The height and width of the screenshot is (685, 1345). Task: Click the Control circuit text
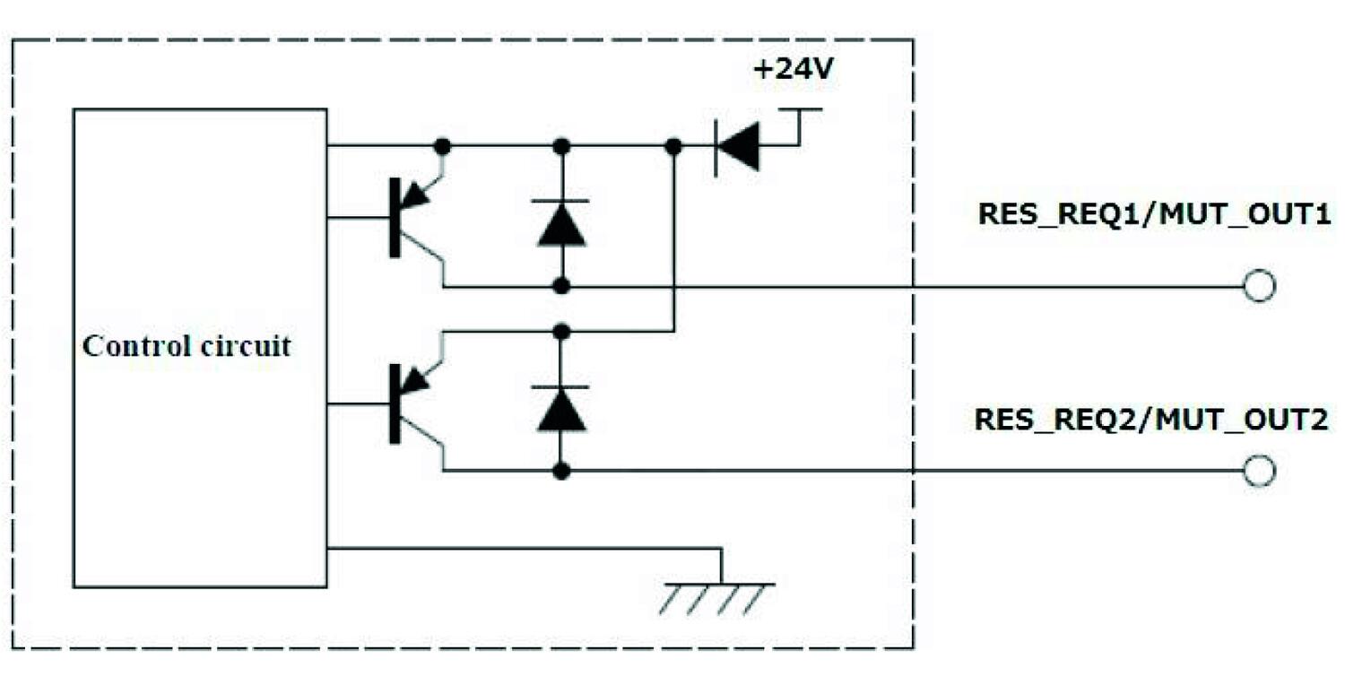(x=187, y=346)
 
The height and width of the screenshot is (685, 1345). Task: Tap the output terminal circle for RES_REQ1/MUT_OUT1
(x=1259, y=287)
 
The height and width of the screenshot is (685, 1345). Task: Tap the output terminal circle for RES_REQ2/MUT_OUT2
(x=1259, y=471)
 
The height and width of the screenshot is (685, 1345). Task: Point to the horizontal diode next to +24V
(x=737, y=145)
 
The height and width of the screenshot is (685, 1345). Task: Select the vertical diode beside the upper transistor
(x=561, y=221)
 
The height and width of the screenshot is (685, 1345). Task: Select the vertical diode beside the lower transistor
(x=561, y=407)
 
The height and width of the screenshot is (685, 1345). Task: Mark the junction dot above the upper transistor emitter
(x=441, y=145)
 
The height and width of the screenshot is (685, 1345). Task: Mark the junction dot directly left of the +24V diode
(x=673, y=145)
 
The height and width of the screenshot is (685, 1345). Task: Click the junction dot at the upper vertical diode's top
(x=561, y=145)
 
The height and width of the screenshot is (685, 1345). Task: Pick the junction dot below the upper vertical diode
(x=561, y=287)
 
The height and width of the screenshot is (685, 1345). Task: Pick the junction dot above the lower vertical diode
(x=561, y=332)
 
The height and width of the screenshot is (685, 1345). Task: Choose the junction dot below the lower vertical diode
(x=561, y=471)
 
